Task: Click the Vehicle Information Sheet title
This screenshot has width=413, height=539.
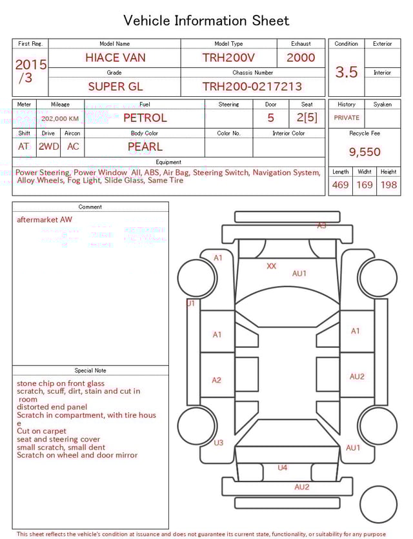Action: [206, 21]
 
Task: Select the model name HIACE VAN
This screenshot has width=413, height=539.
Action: [115, 57]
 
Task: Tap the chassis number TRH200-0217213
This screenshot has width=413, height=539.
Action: [252, 86]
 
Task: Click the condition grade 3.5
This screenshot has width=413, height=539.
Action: [346, 72]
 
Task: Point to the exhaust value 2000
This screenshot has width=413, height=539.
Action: [301, 57]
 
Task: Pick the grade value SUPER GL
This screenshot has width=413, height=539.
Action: [116, 86]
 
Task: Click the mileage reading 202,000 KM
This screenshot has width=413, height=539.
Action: [59, 119]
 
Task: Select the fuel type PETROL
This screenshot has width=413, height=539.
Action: [145, 118]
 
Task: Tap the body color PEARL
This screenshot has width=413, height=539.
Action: [145, 147]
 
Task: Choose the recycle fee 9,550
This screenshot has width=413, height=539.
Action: [365, 152]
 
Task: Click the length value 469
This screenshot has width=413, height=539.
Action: [340, 185]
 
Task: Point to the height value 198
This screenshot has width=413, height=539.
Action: [388, 185]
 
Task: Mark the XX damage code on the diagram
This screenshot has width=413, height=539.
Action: [271, 266]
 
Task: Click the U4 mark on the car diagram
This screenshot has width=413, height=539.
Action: [282, 467]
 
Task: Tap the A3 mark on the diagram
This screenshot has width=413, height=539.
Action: [321, 226]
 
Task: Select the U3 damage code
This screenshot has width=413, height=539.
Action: [218, 443]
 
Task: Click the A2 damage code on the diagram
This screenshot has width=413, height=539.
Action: [217, 380]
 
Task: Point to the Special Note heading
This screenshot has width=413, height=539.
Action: [90, 371]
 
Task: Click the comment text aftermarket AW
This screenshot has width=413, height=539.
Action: [45, 219]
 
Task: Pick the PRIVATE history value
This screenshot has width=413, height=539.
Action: [347, 118]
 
